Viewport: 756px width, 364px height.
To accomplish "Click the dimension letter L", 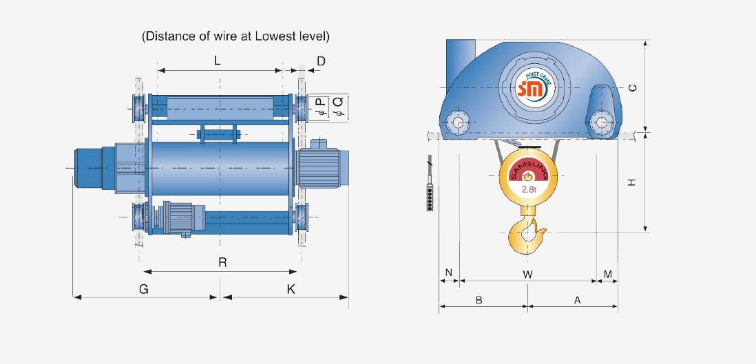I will point(217,61).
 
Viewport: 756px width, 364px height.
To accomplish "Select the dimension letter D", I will point(321,62).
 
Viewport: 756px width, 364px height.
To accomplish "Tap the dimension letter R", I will point(222,262).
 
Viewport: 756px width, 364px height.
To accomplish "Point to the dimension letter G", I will point(143,290).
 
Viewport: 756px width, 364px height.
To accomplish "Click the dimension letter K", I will point(291,290).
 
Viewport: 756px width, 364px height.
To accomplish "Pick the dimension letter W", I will point(527,274).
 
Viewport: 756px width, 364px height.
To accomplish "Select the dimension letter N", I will point(448,273).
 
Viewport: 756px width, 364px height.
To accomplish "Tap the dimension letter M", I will point(608,274).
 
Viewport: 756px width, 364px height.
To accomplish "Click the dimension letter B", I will point(479,300).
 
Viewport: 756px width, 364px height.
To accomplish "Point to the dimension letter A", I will point(577,300).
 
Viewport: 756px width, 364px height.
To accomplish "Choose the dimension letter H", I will point(631,182).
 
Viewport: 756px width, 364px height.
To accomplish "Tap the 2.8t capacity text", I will point(529,189).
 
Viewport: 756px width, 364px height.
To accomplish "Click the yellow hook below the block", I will point(528,234).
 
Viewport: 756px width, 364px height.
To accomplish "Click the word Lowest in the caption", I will point(273,36).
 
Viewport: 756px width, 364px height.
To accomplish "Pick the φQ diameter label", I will point(337,107).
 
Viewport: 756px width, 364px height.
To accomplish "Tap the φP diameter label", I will point(319,107).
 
